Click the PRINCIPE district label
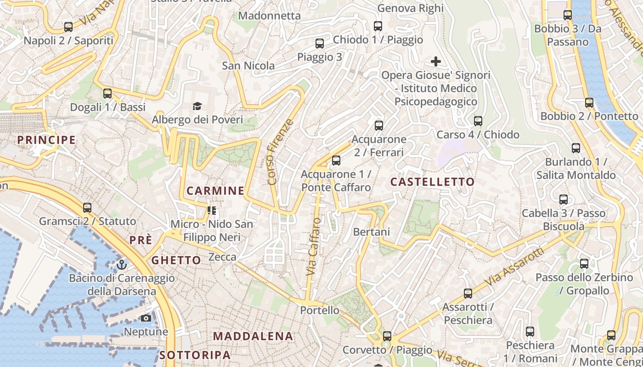click(46, 140)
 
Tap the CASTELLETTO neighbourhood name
click(432, 182)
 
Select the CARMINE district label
click(215, 191)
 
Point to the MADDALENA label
click(253, 336)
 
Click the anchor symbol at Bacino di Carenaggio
click(122, 265)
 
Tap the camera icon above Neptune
click(146, 318)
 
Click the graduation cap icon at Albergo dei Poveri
click(197, 106)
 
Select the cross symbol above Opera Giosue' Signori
click(435, 61)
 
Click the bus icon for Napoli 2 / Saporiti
click(68, 27)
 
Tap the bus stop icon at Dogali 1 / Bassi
click(107, 94)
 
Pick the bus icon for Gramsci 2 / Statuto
click(87, 208)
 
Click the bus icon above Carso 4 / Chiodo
click(478, 121)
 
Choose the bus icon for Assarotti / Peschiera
click(468, 293)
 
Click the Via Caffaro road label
click(314, 247)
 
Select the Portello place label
click(320, 311)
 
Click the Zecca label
click(222, 257)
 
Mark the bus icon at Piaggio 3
click(320, 44)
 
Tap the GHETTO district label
click(176, 261)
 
